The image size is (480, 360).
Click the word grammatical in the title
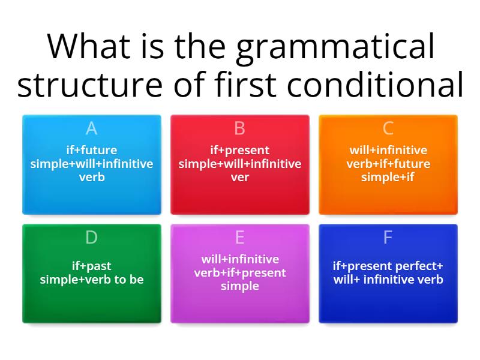[335, 48]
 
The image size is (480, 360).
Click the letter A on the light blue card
[91, 128]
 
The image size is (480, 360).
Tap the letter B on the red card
[240, 128]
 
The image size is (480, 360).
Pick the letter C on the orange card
[388, 128]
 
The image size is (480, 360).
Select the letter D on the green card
[91, 238]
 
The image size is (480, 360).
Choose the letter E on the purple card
[240, 238]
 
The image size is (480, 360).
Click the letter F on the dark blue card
[388, 238]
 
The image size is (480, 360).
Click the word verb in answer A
[92, 177]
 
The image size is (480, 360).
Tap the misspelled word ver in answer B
[240, 177]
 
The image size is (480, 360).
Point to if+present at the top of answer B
[240, 150]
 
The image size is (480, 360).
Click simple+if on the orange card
[388, 177]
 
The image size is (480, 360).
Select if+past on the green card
[92, 266]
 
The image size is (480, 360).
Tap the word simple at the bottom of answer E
[240, 286]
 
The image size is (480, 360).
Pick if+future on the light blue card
[92, 150]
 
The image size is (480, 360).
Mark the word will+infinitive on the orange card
[388, 150]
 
